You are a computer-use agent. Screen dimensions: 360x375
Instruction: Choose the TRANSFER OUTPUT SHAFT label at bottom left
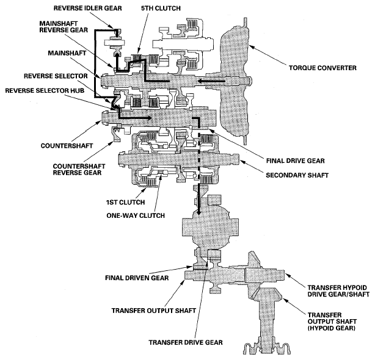(x=153, y=311)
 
